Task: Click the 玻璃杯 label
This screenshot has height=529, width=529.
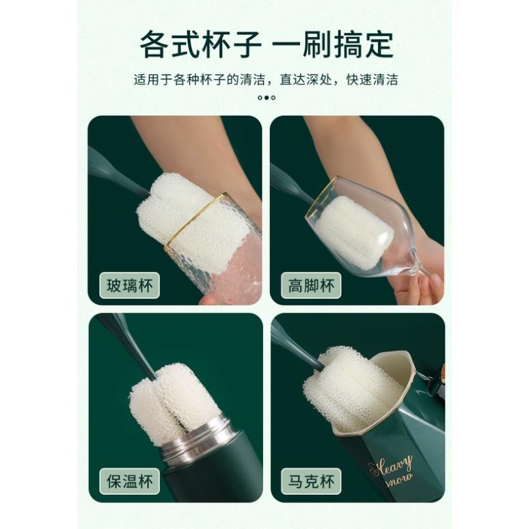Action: (129, 285)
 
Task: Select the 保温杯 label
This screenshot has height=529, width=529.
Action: (129, 480)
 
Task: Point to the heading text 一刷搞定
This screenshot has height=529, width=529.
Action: (333, 46)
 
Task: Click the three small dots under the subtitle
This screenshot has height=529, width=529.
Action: (266, 98)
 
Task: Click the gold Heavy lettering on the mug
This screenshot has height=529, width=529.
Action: (390, 466)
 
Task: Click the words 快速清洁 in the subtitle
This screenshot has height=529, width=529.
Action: (375, 79)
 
